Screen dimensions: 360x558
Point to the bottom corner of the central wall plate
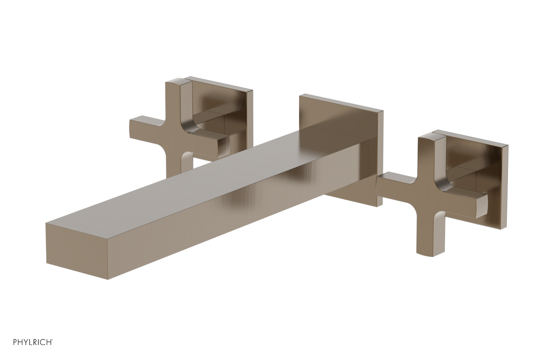[x=378, y=206]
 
